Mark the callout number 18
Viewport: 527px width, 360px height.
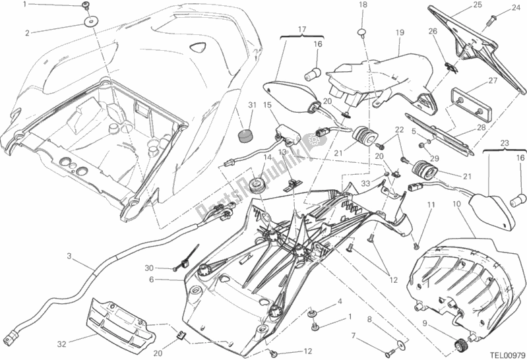(362, 5)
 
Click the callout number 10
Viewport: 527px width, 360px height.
(456, 204)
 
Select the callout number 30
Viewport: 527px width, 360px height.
(149, 268)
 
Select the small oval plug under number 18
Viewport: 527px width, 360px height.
(362, 32)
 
